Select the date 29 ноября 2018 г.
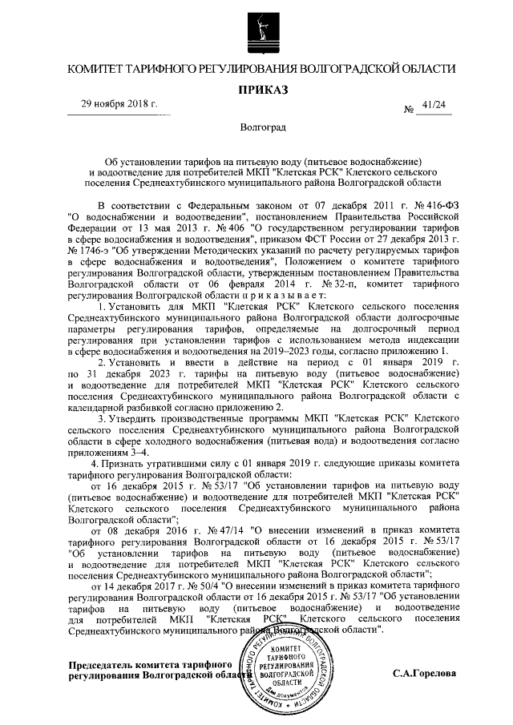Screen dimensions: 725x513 (119, 104)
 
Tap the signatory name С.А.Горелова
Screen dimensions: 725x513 (424, 674)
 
